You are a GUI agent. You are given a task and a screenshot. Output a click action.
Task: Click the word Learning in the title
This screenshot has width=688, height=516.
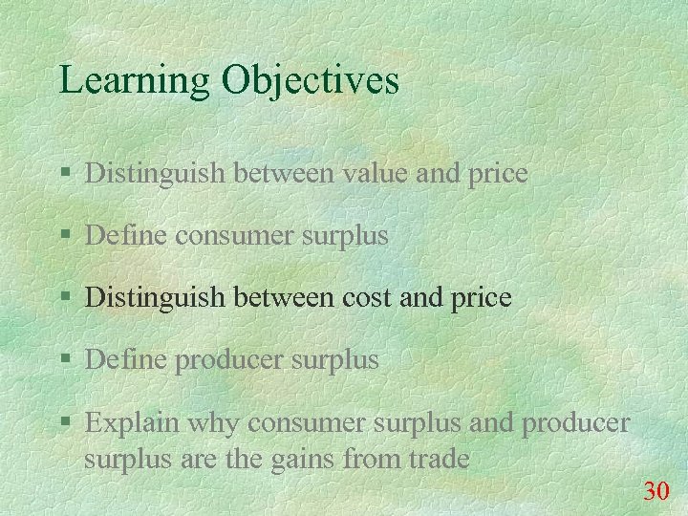[134, 80]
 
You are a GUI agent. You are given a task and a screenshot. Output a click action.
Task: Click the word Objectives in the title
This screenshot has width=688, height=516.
[311, 80]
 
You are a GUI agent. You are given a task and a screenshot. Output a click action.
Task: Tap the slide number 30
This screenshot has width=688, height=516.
[656, 492]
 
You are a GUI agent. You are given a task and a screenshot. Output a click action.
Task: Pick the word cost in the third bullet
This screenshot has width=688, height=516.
[366, 297]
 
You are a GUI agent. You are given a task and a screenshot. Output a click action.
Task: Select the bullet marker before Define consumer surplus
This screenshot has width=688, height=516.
[64, 236]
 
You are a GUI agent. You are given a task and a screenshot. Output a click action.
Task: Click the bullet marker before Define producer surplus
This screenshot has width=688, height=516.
[64, 361]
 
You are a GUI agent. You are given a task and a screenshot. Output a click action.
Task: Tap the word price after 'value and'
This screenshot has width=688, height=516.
[496, 174]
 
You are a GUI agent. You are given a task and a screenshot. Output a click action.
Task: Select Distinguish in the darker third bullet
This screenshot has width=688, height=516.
[153, 297]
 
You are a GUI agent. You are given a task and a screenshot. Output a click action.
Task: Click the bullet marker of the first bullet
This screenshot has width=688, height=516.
[64, 174]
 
